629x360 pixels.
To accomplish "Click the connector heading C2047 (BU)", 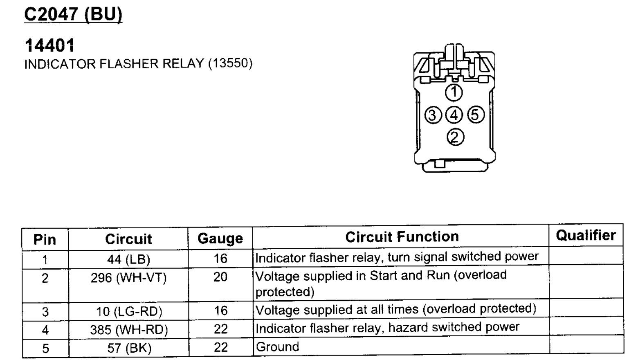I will pos(73,15).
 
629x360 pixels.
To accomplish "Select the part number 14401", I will pos(49,45).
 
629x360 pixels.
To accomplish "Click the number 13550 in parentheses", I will pos(230,63).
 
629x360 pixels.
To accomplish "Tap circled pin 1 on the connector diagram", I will pos(454,92).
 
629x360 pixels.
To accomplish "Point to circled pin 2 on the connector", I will pos(455,137).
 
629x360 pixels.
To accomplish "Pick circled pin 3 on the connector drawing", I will pos(433,115).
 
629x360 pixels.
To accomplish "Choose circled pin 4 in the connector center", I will pos(454,115).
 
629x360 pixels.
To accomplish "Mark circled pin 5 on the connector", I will pos(475,115).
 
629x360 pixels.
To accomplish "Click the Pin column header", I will pos(45,239).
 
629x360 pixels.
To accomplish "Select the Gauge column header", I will pos(220,239).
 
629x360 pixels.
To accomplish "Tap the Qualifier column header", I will pos(585,235).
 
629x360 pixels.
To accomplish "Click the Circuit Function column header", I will pos(402,237).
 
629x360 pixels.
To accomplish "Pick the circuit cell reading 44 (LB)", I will pos(128,259).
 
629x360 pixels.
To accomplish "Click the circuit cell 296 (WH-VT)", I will pos(128,278).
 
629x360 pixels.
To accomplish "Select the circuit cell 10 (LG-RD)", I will pos(129,312).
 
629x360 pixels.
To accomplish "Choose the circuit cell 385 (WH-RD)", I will pos(129,330).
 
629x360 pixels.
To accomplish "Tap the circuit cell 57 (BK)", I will pos(129,348).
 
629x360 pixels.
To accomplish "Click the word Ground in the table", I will pos(277,347).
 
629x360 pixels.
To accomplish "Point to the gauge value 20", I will pos(220,277).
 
